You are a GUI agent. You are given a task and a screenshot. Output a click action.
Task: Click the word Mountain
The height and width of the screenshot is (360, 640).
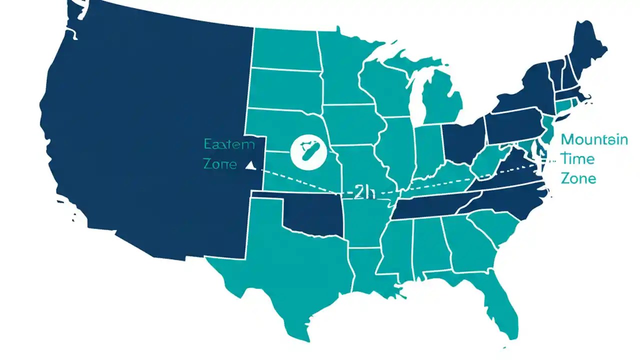594,139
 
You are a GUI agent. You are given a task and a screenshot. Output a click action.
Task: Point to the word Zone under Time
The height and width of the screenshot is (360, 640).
578,178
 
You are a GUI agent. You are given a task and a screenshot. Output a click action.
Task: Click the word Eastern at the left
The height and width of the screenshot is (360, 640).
229,145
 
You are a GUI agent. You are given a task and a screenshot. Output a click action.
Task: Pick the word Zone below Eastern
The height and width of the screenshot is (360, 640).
220,163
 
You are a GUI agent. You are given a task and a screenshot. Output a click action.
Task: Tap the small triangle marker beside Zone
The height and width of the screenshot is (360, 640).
250,165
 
